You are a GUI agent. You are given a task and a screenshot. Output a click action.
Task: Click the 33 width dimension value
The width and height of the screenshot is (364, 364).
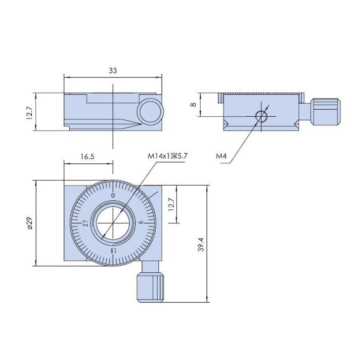click(x=113, y=71)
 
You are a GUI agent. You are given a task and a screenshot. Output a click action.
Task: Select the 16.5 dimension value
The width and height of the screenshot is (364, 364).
click(x=87, y=157)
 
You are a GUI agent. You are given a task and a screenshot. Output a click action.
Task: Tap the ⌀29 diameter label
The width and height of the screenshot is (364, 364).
click(x=30, y=223)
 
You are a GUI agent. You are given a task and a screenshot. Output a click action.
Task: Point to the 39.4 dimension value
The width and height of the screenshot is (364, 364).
click(x=201, y=244)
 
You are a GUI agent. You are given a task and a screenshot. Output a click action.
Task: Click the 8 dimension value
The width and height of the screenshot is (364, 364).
click(x=193, y=105)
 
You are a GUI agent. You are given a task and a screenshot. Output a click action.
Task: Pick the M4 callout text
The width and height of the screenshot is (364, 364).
click(x=221, y=156)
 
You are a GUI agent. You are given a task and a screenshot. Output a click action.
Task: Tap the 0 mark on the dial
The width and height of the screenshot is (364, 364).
click(x=113, y=196)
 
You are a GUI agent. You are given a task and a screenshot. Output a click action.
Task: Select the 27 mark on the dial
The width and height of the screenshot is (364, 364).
click(x=86, y=223)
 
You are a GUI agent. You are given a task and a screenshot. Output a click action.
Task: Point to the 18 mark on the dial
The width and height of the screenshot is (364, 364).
click(x=113, y=250)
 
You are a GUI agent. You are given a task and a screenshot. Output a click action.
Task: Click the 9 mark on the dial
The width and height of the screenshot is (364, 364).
click(x=141, y=223)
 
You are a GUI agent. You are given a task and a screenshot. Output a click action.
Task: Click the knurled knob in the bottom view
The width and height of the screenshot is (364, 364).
click(x=150, y=287)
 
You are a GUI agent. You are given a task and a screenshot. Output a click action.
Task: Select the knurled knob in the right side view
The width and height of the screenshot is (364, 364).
click(x=326, y=112)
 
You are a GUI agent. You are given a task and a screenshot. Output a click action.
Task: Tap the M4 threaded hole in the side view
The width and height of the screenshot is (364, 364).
click(x=261, y=116)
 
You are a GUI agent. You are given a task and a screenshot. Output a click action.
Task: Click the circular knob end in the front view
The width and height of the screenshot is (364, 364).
click(x=151, y=111)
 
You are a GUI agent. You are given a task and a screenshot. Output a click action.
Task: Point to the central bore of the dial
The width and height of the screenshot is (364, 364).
click(x=113, y=223)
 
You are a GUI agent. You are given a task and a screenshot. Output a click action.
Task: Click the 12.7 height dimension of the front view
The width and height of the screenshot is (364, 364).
click(x=30, y=112)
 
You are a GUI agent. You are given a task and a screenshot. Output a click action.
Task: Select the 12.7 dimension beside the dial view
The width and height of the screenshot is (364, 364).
click(x=171, y=204)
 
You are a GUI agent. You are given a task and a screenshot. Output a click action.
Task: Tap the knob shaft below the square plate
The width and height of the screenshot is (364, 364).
click(x=150, y=267)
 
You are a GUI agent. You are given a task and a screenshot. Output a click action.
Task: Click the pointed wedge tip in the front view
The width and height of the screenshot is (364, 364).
click(x=142, y=124)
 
